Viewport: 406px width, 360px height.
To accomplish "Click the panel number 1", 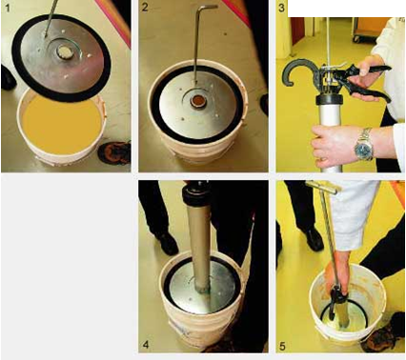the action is click(x=8, y=9).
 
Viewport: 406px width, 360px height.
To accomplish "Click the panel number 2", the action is click(x=145, y=8).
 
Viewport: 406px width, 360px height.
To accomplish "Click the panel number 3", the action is click(x=281, y=8).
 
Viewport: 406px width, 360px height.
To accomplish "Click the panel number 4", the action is click(x=145, y=344).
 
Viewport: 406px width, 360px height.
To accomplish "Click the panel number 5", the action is click(x=282, y=346).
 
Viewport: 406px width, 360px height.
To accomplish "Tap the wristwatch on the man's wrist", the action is click(x=364, y=146).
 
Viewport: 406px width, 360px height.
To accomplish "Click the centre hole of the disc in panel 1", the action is click(x=66, y=50).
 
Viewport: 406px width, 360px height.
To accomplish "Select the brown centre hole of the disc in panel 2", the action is click(x=196, y=101).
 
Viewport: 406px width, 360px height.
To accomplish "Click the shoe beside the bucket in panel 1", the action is click(x=114, y=153).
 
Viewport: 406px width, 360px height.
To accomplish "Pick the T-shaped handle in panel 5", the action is click(x=323, y=187).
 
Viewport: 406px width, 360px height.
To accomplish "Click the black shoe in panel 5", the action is click(x=313, y=238).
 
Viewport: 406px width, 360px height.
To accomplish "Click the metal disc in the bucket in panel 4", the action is click(x=203, y=289).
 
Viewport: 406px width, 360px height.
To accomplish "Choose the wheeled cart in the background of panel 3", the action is click(x=369, y=30).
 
